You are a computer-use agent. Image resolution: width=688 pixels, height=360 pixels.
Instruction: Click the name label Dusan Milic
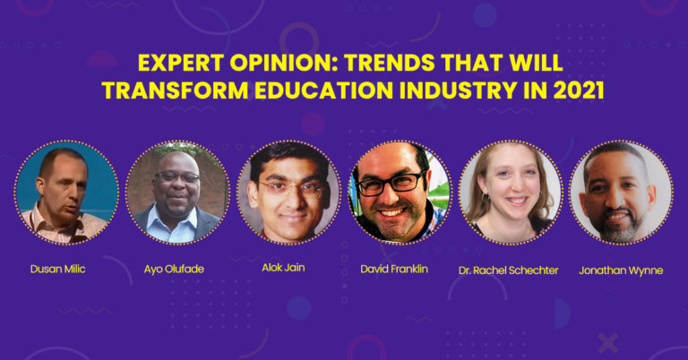(58, 269)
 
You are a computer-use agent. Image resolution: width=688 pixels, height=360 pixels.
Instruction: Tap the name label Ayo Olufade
(174, 269)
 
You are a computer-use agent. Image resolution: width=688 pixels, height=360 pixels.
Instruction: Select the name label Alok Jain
(283, 268)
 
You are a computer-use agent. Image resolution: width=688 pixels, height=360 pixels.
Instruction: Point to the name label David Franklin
(394, 269)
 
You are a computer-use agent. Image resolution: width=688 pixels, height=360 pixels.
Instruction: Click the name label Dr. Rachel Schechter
(509, 270)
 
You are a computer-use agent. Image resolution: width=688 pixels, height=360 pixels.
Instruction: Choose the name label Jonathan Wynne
(621, 270)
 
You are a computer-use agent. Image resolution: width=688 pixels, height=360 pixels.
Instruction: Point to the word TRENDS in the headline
(390, 63)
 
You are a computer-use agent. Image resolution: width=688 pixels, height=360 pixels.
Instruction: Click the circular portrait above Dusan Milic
(66, 193)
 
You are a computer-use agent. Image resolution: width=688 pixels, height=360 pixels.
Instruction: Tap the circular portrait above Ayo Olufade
(177, 193)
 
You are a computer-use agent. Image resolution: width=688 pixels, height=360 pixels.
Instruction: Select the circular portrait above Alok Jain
(288, 193)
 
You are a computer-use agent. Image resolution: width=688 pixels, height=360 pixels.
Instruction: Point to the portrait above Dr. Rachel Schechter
(511, 193)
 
